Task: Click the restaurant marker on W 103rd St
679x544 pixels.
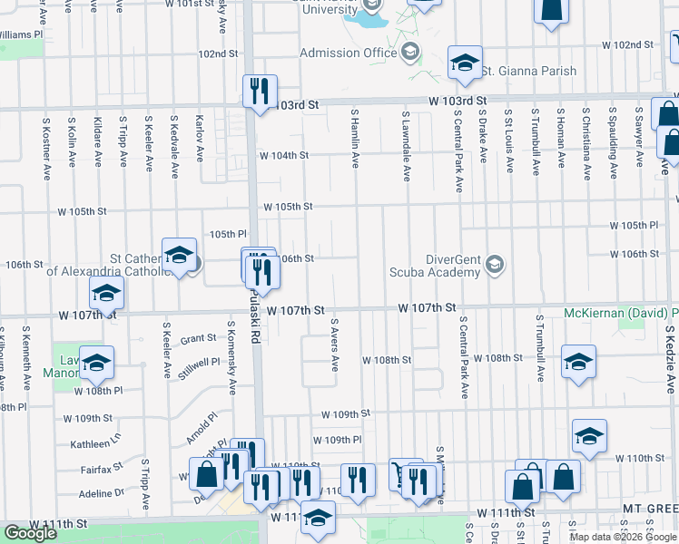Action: pyautogui.click(x=260, y=91)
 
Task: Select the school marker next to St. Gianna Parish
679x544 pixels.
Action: pyautogui.click(x=464, y=62)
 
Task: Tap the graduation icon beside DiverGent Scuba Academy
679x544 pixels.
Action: pyautogui.click(x=495, y=264)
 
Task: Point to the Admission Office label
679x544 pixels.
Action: pyautogui.click(x=349, y=53)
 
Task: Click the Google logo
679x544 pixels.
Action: pyautogui.click(x=30, y=533)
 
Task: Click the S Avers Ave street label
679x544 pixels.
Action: pyautogui.click(x=335, y=345)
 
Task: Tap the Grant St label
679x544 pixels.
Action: pyautogui.click(x=198, y=338)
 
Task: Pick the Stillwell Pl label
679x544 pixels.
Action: pyautogui.click(x=200, y=362)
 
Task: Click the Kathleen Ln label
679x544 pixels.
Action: pyautogui.click(x=95, y=445)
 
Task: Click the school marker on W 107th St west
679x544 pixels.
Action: pyautogui.click(x=106, y=294)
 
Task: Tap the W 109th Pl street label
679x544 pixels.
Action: pyautogui.click(x=338, y=440)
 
